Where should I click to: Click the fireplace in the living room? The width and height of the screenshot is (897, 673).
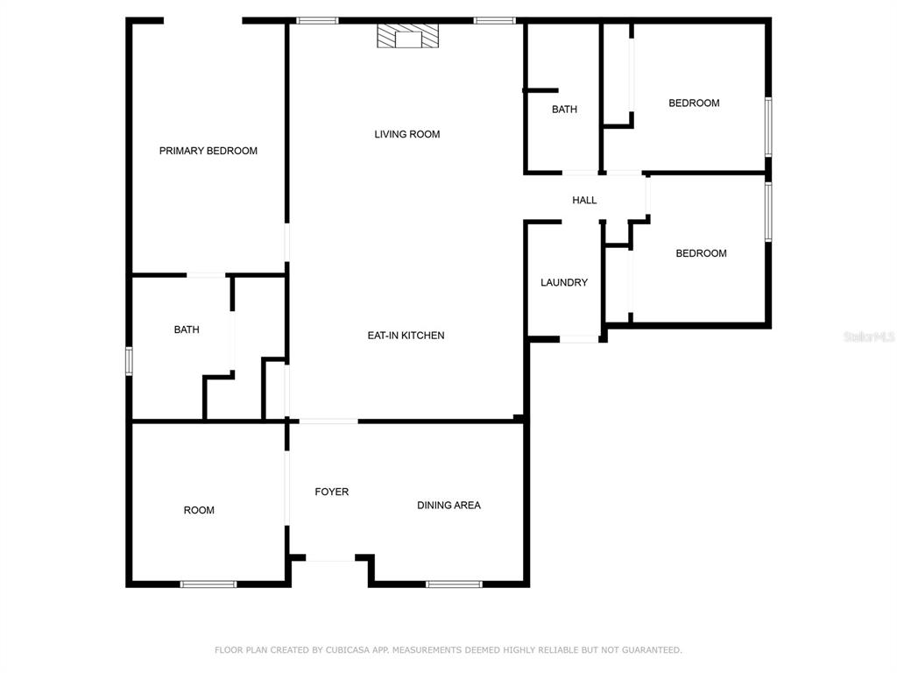(x=407, y=35)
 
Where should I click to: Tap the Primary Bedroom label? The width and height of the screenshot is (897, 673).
(x=208, y=151)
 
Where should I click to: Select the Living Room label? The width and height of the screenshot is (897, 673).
(x=407, y=134)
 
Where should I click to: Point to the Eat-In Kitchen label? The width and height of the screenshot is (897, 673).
(x=406, y=336)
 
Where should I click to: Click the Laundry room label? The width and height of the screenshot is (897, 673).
(x=564, y=283)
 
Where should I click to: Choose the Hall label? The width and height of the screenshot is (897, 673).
(x=584, y=201)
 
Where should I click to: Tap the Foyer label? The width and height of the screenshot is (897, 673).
(x=332, y=492)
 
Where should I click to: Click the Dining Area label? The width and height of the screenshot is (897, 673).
(x=449, y=506)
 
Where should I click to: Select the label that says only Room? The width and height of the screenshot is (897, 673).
(x=199, y=511)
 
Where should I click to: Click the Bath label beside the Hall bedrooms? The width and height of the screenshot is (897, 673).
(x=565, y=110)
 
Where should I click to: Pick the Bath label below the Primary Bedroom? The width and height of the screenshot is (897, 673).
(x=187, y=329)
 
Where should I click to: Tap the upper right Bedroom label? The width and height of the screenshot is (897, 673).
(x=695, y=103)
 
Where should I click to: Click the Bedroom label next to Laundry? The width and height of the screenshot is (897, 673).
(x=702, y=253)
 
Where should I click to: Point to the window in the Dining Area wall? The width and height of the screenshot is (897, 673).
(x=455, y=584)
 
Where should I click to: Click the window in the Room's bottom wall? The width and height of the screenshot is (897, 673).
(x=208, y=584)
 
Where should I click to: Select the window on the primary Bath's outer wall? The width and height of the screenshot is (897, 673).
(x=130, y=361)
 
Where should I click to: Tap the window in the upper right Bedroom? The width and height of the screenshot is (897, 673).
(x=768, y=126)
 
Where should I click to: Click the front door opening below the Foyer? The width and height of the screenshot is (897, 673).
(x=330, y=558)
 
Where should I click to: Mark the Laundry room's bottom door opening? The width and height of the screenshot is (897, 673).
(x=579, y=339)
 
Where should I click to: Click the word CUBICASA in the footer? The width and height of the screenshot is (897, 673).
(x=348, y=650)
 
